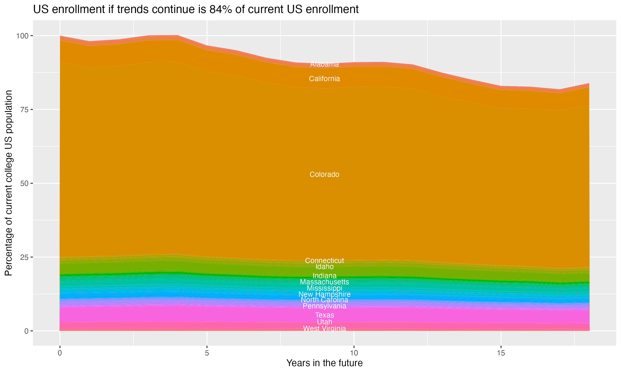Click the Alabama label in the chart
coord(324,64)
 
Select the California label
coord(324,79)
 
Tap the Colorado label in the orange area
coord(324,174)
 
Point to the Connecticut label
coord(324,261)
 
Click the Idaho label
coord(324,267)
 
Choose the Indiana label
coord(324,276)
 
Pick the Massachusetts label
coord(324,282)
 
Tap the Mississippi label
coord(324,288)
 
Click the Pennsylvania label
coord(324,306)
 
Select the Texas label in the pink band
coord(324,315)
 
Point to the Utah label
coord(324,322)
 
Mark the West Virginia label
coord(324,328)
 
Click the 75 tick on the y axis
coord(25,110)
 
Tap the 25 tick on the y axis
coord(25,257)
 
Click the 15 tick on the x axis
coord(501,353)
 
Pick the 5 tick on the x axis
coord(207,353)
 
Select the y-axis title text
coord(9,183)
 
